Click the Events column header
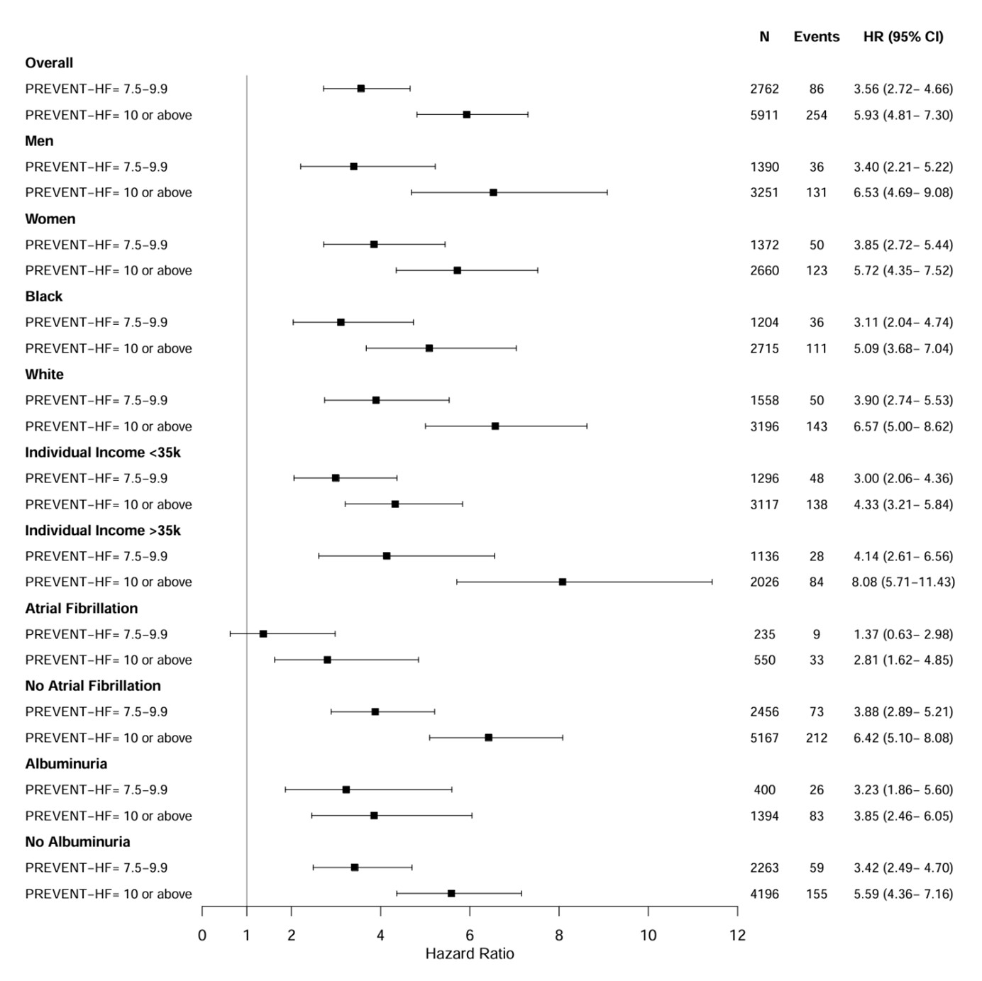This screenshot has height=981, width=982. (x=816, y=37)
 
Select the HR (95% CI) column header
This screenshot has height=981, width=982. (x=903, y=37)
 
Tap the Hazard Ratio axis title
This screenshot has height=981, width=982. (x=469, y=953)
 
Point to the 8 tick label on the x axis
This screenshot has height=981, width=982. (x=559, y=935)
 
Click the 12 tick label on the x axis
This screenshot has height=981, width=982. (x=737, y=935)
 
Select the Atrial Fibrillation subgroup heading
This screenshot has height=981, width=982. (x=81, y=608)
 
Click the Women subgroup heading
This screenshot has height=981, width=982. (x=50, y=218)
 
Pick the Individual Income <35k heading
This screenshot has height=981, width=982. (x=103, y=452)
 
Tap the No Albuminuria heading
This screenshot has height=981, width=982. (x=77, y=841)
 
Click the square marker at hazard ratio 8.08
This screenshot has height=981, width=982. (x=563, y=582)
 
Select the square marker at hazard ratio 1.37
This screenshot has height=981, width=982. (x=263, y=633)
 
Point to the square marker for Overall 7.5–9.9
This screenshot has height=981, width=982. (x=360, y=89)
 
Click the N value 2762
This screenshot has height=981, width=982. (x=764, y=89)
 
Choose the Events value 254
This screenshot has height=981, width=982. (x=816, y=115)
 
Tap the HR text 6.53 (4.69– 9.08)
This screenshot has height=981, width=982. (x=903, y=192)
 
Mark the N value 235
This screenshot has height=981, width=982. (x=764, y=634)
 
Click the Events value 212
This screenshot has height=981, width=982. (x=816, y=738)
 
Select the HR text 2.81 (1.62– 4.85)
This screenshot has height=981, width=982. (x=903, y=660)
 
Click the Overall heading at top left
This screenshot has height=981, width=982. (x=49, y=62)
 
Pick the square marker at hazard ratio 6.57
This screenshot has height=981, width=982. (x=495, y=426)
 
